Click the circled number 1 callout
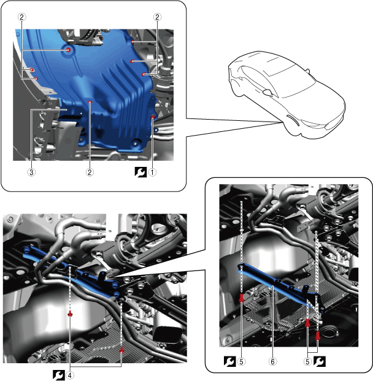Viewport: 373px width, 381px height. click(x=152, y=172)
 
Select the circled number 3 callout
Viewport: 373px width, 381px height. click(x=31, y=172)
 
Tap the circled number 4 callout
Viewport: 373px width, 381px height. click(x=70, y=375)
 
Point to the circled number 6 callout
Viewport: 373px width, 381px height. click(x=272, y=362)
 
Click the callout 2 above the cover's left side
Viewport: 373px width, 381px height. click(x=22, y=17)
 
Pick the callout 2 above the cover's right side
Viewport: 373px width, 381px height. click(x=157, y=17)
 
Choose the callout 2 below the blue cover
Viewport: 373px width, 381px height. click(x=90, y=172)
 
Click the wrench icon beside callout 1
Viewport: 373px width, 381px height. click(x=140, y=172)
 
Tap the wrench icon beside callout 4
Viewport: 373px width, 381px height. click(x=58, y=375)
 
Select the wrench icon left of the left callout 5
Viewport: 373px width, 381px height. click(x=229, y=361)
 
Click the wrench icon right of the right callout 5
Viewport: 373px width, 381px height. click(x=319, y=361)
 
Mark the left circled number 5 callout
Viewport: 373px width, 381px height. click(x=241, y=362)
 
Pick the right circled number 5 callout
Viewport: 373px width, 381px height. click(x=307, y=362)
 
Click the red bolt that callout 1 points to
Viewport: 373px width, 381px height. click(x=153, y=118)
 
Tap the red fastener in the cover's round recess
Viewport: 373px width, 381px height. click(x=69, y=50)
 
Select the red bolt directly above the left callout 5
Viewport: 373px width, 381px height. click(x=241, y=298)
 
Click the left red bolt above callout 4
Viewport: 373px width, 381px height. click(x=70, y=314)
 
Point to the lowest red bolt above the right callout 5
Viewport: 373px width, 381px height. click(x=318, y=336)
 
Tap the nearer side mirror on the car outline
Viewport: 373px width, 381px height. click(x=268, y=92)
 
